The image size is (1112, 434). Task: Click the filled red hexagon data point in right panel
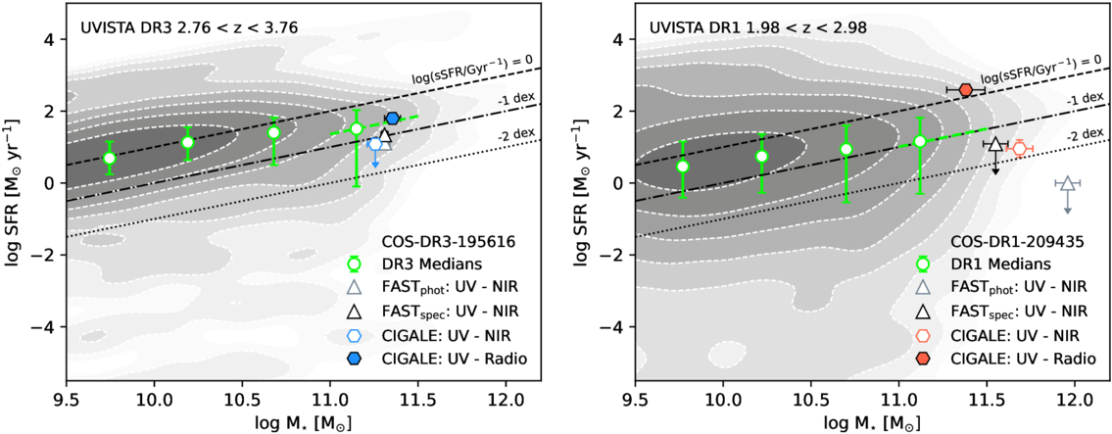coord(965,90)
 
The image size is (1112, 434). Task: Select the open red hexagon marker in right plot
coord(1019,148)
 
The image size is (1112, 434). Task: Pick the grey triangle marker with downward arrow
coord(1067,183)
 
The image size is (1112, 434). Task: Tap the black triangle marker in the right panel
coord(995,145)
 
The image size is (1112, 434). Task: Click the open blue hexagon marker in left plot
coord(374,144)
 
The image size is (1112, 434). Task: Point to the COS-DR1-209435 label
coord(1006,239)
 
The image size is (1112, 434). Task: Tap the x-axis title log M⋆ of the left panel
coord(304,422)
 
